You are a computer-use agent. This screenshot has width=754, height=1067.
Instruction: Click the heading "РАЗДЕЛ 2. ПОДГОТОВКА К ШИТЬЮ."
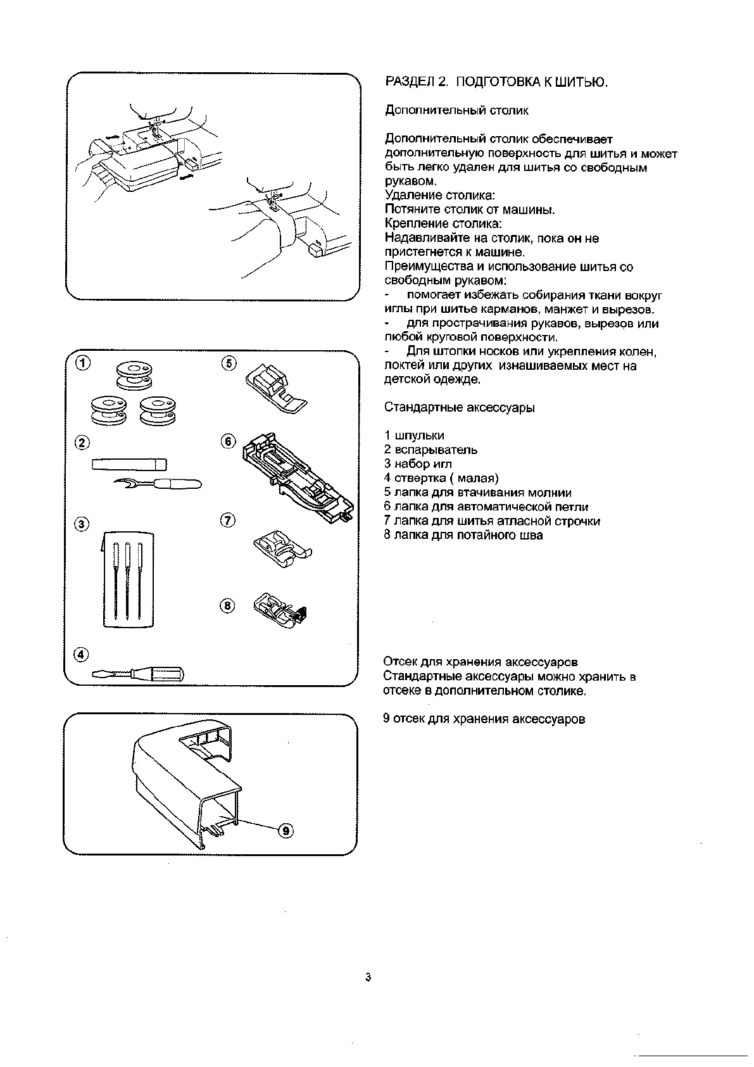click(496, 82)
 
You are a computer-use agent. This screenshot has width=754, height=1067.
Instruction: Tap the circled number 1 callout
click(82, 362)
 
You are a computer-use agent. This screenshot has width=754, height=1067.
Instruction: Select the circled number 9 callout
click(286, 830)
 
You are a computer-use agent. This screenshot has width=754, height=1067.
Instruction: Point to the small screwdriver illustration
click(137, 674)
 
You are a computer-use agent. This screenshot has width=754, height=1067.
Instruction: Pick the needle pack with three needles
click(129, 579)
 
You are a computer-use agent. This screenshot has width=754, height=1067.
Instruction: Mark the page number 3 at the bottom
click(368, 977)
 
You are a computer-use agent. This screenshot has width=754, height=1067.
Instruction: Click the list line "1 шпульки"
click(414, 436)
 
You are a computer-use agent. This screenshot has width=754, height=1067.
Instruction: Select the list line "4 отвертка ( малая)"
click(441, 478)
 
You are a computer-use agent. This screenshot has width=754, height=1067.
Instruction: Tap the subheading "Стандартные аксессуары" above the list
click(459, 408)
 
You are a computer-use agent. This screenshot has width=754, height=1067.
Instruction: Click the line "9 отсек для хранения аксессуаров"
click(484, 719)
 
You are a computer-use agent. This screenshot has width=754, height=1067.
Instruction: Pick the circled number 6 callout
click(229, 441)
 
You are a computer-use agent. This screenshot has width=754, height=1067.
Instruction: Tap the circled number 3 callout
click(82, 524)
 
